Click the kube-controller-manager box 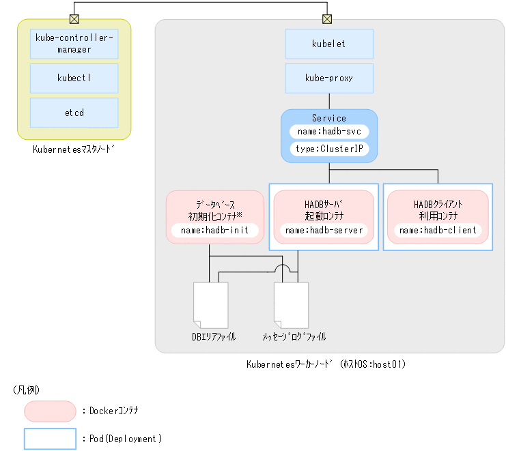coord(74,44)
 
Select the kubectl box coord(74,78)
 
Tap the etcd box coord(74,113)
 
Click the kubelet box coord(329,44)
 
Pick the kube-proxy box coord(329,78)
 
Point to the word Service coord(329,118)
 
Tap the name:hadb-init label coord(214,231)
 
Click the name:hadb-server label coord(324,231)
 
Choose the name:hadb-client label coord(438,231)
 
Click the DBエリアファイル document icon coord(211,304)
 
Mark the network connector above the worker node coord(328,18)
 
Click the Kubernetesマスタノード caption coord(74,149)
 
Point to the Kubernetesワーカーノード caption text coord(326,364)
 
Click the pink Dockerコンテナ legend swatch coord(50,411)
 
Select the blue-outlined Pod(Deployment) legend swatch coord(50,439)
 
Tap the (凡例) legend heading coord(26,390)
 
